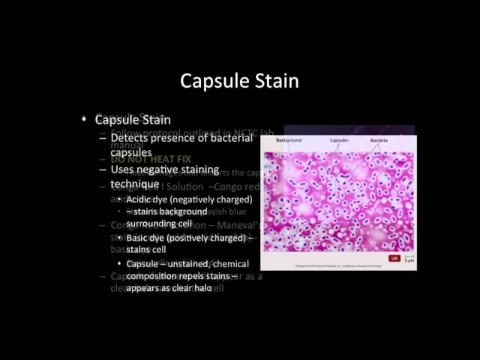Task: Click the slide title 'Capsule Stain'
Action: [x=240, y=80]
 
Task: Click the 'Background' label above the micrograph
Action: [x=289, y=140]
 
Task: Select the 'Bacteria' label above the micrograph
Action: [x=379, y=140]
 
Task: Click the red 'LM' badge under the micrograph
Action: [x=393, y=259]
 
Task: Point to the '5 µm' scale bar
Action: [x=408, y=259]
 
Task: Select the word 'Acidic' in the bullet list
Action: [x=140, y=199]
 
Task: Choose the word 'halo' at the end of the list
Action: [x=200, y=288]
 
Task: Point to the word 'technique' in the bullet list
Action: [x=135, y=184]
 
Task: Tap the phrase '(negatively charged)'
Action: [x=209, y=199]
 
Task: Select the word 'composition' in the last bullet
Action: [x=154, y=275]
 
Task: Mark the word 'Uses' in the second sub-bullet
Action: [x=124, y=170]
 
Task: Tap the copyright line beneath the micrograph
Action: [x=315, y=265]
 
